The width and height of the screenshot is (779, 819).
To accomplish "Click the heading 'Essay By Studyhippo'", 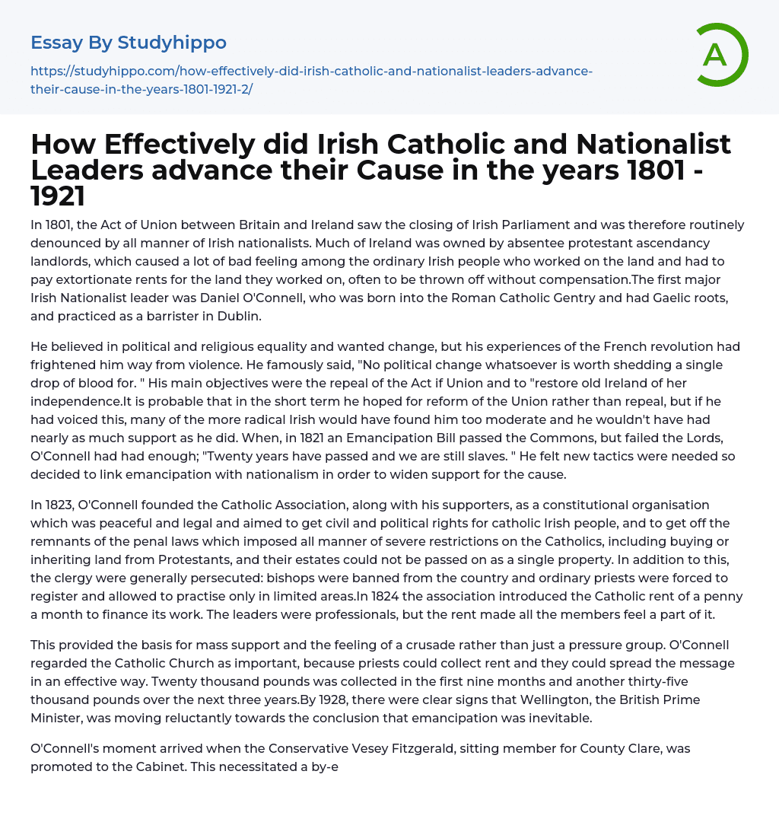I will tap(129, 42).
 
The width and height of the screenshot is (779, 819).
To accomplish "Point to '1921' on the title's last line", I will tap(58, 196).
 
